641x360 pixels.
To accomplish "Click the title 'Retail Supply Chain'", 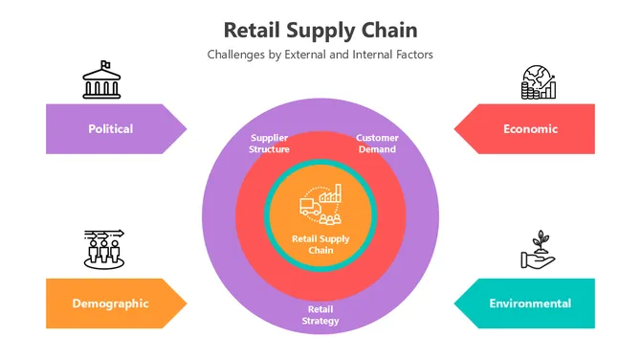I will tap(320, 30).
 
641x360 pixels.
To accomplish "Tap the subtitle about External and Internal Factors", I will tap(320, 55).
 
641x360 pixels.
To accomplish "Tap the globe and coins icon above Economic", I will tap(538, 83).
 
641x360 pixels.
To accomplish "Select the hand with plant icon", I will tap(537, 250).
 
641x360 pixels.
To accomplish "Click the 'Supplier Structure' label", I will tap(269, 144).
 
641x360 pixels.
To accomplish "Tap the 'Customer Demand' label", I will tap(377, 144).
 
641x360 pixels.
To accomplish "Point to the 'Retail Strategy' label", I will tap(320, 315).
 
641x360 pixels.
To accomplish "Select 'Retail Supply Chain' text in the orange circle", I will tap(320, 244).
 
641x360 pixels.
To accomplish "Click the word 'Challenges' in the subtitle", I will tap(236, 55).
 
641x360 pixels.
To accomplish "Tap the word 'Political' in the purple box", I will tap(110, 128).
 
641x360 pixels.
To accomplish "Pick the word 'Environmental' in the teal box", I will tap(530, 304).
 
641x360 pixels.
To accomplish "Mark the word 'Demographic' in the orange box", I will tap(110, 304).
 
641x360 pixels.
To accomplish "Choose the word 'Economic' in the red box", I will tap(530, 128).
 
